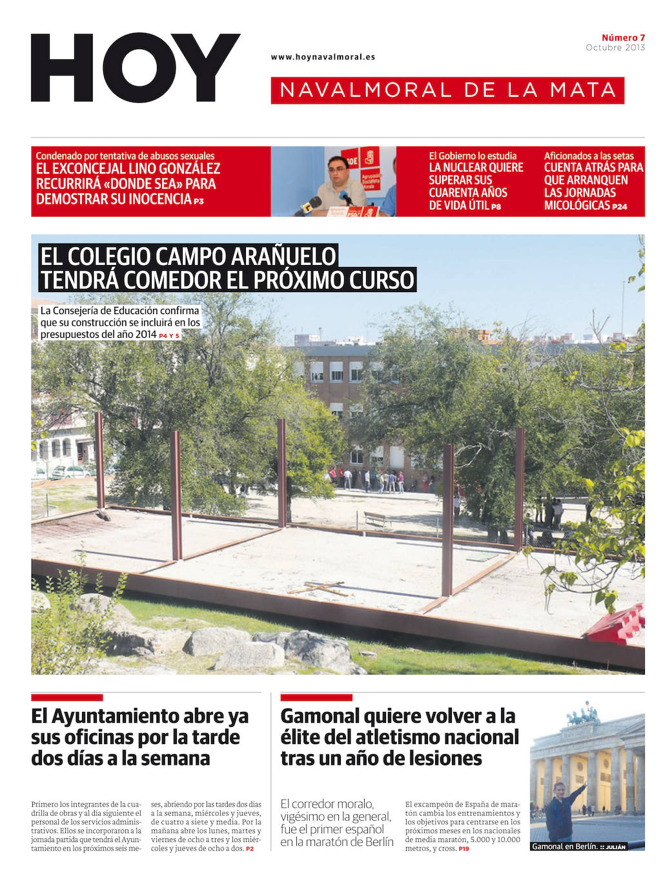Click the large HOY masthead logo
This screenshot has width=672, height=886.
136,68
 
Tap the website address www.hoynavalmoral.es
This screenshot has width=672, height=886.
323,57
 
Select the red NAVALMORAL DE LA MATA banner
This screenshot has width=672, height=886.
447,90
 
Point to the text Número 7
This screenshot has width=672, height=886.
623,37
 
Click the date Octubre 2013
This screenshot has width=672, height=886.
615,48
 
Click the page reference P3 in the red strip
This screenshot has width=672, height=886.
199,201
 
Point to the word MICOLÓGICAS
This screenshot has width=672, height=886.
577,206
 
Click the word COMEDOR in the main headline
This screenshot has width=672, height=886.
170,281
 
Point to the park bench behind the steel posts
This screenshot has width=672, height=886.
376,518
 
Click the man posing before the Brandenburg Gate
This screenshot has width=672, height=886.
560,812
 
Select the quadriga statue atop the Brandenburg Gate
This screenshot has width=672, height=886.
583,714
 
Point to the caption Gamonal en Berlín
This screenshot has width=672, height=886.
564,847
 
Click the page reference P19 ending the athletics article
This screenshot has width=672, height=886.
463,849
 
